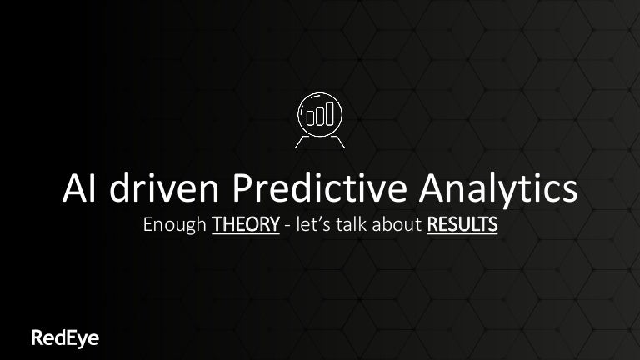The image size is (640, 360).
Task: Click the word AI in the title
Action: (x=79, y=189)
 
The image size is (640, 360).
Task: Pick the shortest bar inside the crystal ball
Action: (x=311, y=117)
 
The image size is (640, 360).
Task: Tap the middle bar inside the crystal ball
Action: (x=319, y=116)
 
